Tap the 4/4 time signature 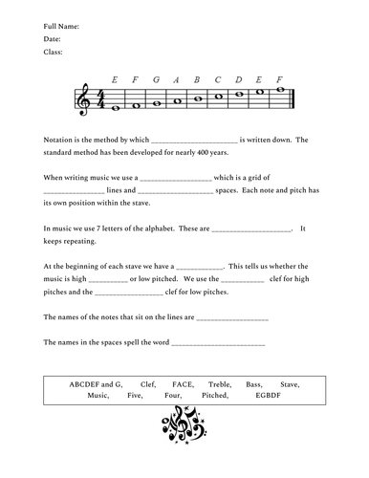(x=102, y=99)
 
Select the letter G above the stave (x=155, y=79)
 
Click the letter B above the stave (x=197, y=79)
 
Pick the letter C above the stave (x=218, y=79)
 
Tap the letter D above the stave (x=239, y=79)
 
